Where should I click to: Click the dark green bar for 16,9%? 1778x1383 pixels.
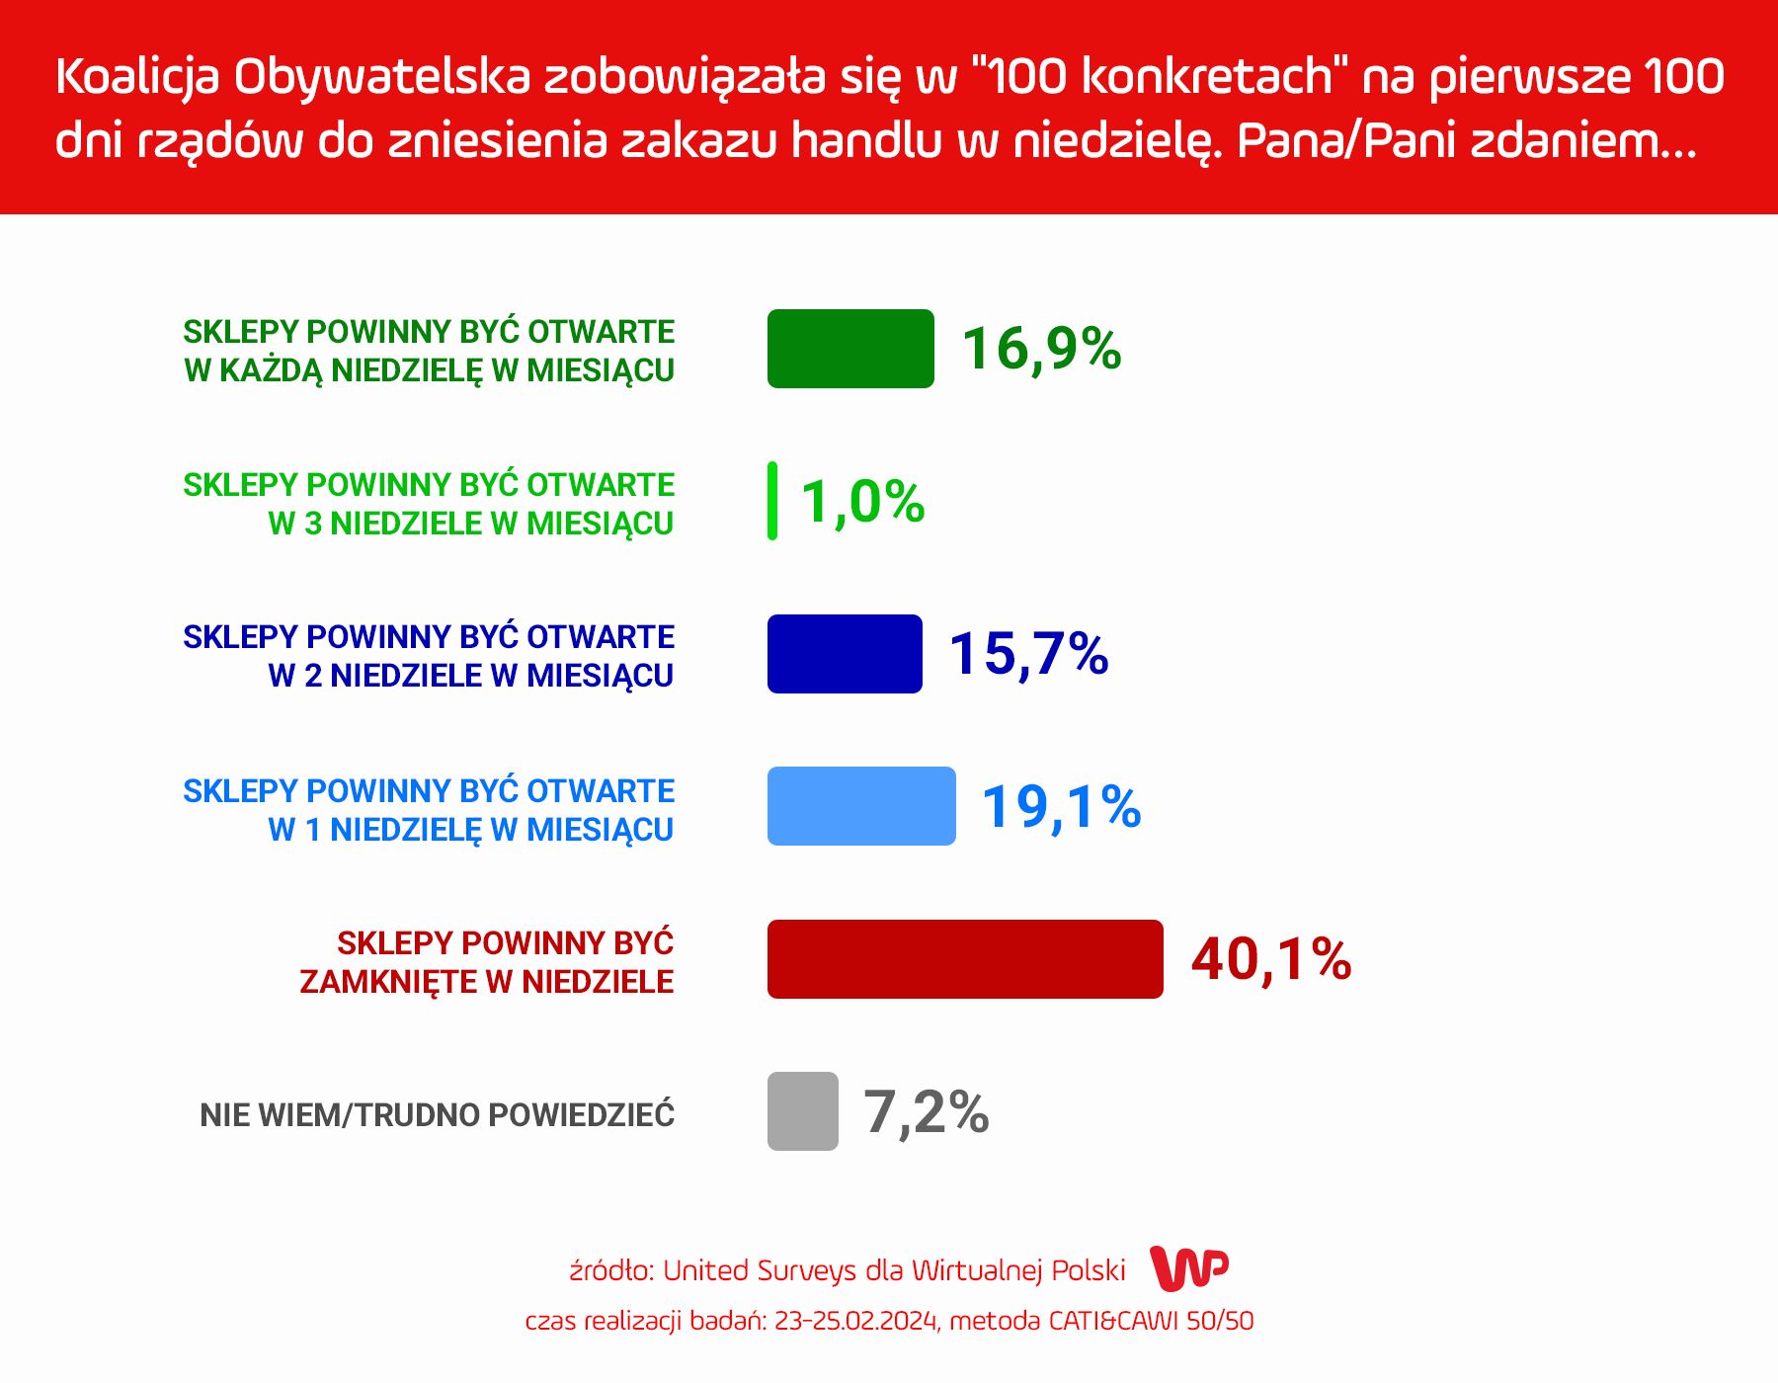click(850, 349)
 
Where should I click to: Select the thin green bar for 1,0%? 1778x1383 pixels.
click(772, 501)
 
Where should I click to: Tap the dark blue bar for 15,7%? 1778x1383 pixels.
click(845, 654)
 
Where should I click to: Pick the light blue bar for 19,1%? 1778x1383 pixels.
click(861, 806)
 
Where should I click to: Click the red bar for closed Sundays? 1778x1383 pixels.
click(965, 959)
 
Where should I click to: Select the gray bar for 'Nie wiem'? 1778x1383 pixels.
click(803, 1111)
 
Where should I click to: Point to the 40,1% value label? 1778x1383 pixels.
click(1271, 960)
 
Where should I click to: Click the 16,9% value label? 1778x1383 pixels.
click(1042, 350)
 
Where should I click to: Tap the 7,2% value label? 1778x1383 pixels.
click(927, 1113)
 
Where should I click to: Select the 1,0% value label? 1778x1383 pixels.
click(863, 503)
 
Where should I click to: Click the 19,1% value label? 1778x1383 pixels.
click(1062, 808)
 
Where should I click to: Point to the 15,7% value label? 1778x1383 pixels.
click(1029, 655)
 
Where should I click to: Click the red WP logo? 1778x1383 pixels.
click(1189, 1268)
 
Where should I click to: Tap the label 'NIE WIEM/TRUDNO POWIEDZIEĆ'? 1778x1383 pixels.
click(438, 1113)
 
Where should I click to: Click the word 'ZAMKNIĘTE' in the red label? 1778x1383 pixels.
click(389, 982)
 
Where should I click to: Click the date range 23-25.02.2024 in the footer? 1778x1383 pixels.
click(856, 1321)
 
